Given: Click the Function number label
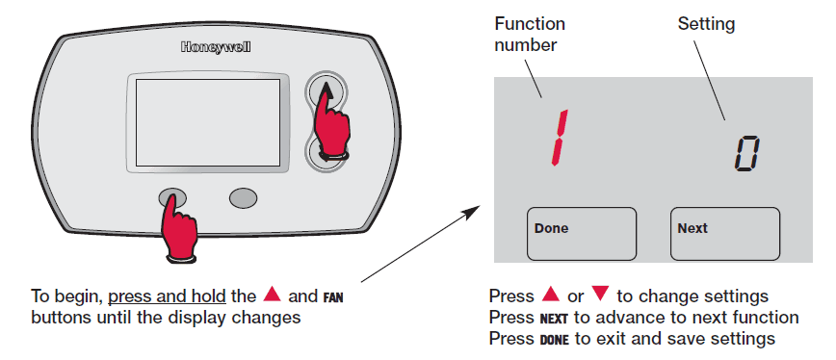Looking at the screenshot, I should point(530,33).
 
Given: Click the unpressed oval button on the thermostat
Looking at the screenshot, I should point(244,197).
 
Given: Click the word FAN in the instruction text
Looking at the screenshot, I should point(330,296).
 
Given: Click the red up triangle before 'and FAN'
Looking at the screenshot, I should point(272,295).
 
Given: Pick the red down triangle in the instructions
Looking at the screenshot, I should point(600,296).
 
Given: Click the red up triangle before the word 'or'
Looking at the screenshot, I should point(551,295).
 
